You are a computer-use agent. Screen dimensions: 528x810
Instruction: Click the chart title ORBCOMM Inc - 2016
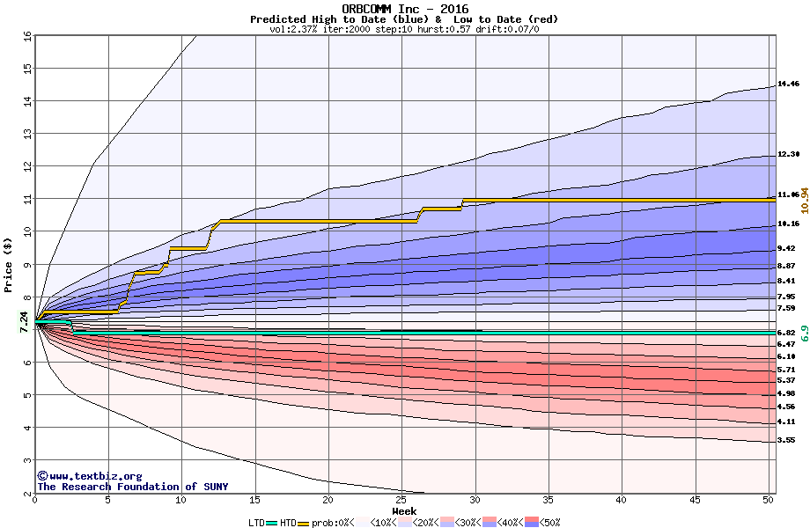click(x=405, y=9)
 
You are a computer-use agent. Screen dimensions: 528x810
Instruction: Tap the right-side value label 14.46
click(x=788, y=84)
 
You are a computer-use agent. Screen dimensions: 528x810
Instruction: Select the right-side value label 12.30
click(x=788, y=155)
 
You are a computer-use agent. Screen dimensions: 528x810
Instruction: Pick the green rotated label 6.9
click(x=805, y=334)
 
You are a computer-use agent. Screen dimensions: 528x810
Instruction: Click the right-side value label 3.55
click(x=786, y=440)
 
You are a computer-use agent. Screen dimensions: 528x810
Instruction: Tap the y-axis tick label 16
click(x=26, y=36)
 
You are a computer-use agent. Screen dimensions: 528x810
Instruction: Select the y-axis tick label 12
click(x=26, y=166)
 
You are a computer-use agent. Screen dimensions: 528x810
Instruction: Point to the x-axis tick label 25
click(x=401, y=500)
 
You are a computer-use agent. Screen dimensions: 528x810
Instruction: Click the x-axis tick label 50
click(x=769, y=500)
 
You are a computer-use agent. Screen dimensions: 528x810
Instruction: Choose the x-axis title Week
click(x=404, y=510)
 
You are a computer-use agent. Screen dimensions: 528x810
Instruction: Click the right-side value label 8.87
click(x=786, y=266)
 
